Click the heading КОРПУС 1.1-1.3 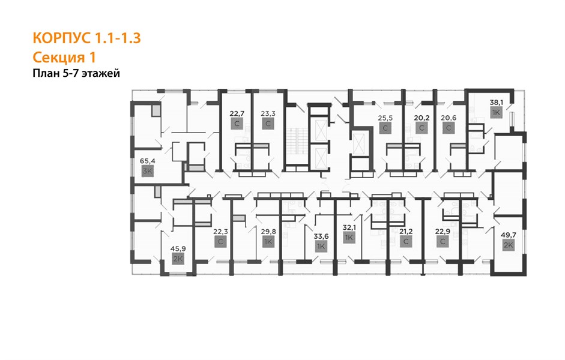[86, 38]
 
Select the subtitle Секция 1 [64, 57]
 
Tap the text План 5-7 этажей [76, 73]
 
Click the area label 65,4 [147, 161]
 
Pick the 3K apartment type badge [147, 172]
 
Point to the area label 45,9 [178, 248]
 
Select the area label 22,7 [237, 114]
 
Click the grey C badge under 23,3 [268, 124]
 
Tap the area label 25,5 [385, 118]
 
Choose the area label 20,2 [421, 118]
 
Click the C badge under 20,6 [449, 128]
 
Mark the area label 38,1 [496, 102]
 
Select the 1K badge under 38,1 [496, 112]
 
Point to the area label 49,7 [509, 235]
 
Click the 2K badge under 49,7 [509, 245]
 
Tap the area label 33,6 [321, 236]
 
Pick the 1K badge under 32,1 [349, 238]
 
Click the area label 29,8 [268, 232]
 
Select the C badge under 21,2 [406, 242]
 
